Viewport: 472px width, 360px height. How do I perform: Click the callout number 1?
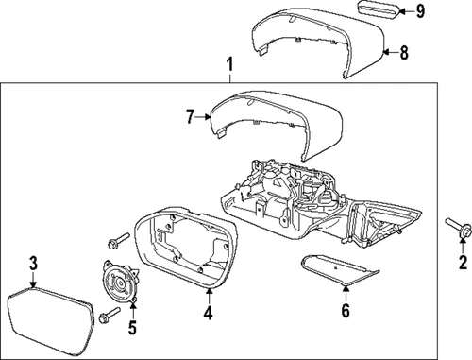(x=228, y=65)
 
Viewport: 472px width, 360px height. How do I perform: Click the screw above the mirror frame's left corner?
(x=119, y=238)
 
